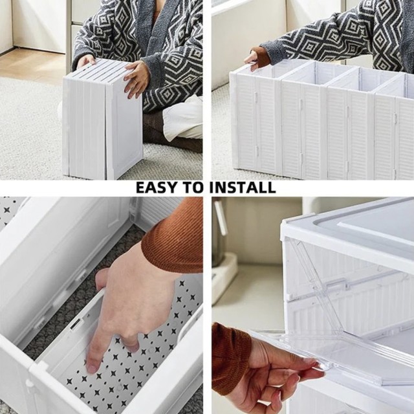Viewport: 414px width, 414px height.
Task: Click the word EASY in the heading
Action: coord(157,188)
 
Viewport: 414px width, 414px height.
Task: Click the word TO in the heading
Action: coord(193,188)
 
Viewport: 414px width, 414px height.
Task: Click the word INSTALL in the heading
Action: coord(243,188)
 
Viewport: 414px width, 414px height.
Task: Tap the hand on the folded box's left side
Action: coord(86,61)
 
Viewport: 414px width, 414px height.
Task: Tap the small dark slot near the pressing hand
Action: coord(76,323)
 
